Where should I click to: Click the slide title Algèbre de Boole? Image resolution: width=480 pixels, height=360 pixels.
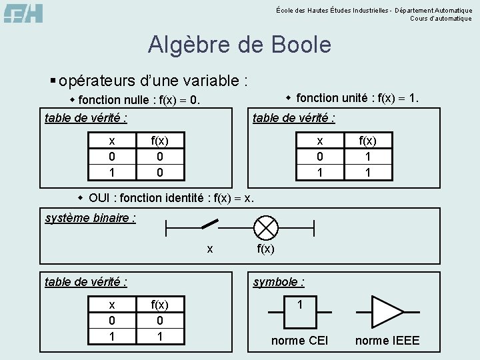tap(239, 45)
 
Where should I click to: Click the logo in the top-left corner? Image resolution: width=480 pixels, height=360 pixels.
tap(23, 13)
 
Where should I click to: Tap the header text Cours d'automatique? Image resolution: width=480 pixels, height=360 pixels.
tap(441, 19)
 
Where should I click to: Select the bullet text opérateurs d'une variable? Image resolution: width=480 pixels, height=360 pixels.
tap(153, 81)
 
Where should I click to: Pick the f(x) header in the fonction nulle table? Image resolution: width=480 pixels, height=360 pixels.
tap(160, 141)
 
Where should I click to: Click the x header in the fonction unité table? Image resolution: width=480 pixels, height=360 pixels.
tap(320, 141)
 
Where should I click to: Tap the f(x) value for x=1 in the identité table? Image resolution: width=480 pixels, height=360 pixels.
tap(160, 337)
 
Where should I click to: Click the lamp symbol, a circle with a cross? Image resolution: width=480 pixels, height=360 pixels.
tap(266, 227)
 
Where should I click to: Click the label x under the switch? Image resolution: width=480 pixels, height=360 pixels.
tap(210, 249)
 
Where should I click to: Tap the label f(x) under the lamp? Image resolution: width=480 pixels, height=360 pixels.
tap(265, 249)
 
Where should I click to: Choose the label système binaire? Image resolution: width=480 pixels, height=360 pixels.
tap(91, 218)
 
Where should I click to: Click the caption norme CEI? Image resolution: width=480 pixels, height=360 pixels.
tap(299, 341)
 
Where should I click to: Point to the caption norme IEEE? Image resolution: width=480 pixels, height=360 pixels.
tap(387, 341)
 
